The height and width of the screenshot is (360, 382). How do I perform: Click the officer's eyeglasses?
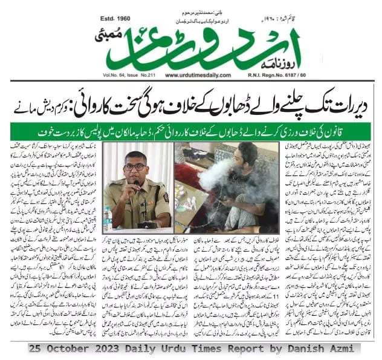[136, 166]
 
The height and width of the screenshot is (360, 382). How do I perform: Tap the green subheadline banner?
[191, 130]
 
